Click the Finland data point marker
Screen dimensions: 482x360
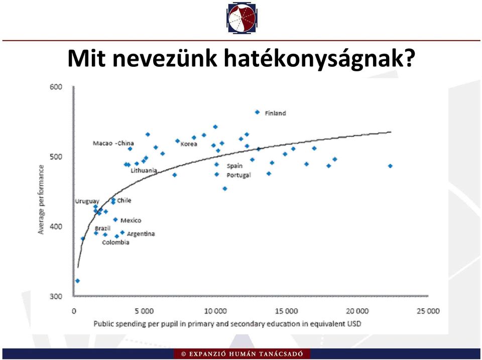point(257,112)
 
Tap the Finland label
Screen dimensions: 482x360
point(276,113)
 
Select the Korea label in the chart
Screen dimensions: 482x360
point(189,144)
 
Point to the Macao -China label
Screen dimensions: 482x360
point(113,143)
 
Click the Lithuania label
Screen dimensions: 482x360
point(144,170)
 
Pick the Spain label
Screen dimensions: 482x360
point(234,166)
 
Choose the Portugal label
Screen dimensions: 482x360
point(239,175)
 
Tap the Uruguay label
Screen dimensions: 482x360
point(87,201)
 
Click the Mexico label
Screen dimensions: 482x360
point(131,220)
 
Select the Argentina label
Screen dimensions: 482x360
point(141,234)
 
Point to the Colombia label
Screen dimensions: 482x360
point(115,243)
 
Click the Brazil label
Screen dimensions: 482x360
point(102,228)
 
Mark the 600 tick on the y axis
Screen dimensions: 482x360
point(56,87)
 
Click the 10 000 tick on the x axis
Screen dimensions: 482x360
point(215,311)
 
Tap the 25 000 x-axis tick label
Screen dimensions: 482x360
point(428,311)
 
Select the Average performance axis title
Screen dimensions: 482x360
point(41,200)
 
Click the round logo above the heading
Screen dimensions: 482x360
point(242,18)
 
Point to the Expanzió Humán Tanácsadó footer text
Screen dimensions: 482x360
point(242,354)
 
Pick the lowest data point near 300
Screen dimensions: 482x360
point(77,281)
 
